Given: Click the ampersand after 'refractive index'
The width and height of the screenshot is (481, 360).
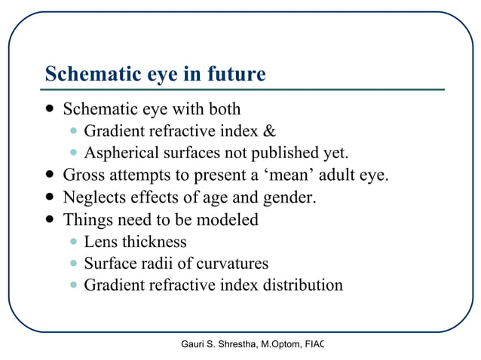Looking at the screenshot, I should pyautogui.click(x=270, y=132).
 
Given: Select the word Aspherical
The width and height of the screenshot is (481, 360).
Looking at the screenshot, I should pyautogui.click(x=121, y=154).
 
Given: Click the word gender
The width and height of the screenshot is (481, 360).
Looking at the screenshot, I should pyautogui.click(x=287, y=198).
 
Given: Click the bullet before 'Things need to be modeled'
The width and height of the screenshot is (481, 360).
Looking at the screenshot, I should pyautogui.click(x=49, y=221).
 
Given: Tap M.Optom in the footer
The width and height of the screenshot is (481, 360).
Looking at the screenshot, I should pyautogui.click(x=283, y=345).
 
